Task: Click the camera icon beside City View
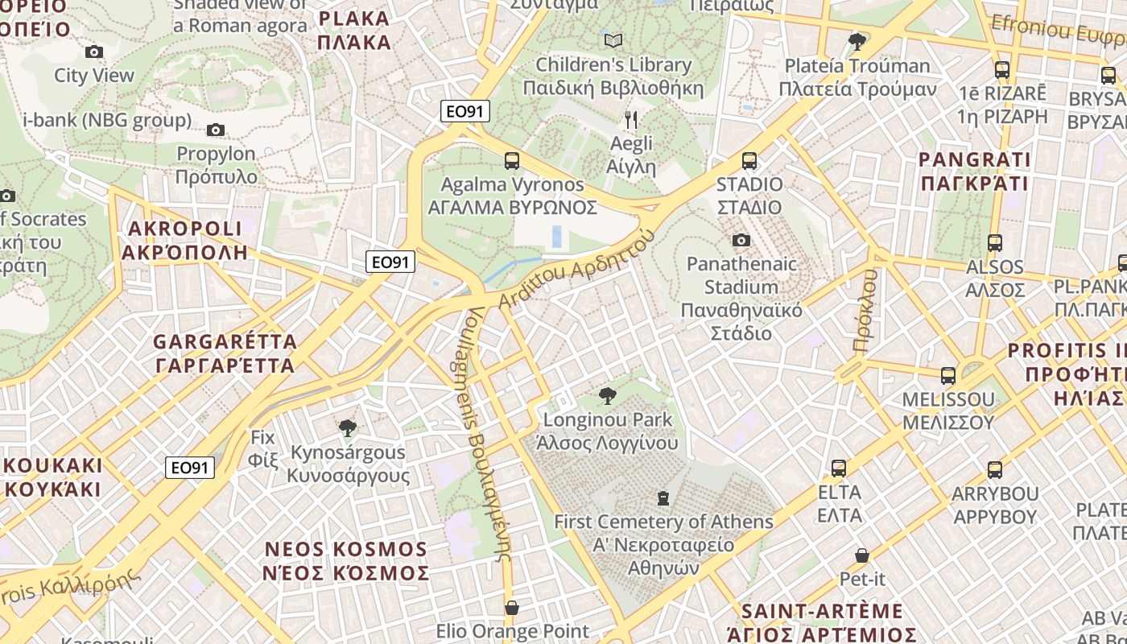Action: click(94, 52)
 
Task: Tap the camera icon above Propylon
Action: click(215, 130)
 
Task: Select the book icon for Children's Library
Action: click(613, 39)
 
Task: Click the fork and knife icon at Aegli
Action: click(631, 120)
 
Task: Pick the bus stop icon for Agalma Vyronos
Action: click(512, 160)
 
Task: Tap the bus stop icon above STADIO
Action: click(749, 160)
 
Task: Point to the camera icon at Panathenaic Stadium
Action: click(741, 240)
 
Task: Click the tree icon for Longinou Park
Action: click(608, 395)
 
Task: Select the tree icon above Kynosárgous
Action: click(348, 428)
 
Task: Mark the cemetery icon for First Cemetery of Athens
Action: click(663, 498)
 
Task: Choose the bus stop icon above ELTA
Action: click(839, 468)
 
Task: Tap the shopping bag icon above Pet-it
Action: click(862, 555)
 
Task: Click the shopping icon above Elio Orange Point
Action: click(512, 607)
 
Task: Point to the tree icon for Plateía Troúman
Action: click(857, 40)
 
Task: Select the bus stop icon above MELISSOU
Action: click(948, 375)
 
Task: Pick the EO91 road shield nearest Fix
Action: click(190, 468)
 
